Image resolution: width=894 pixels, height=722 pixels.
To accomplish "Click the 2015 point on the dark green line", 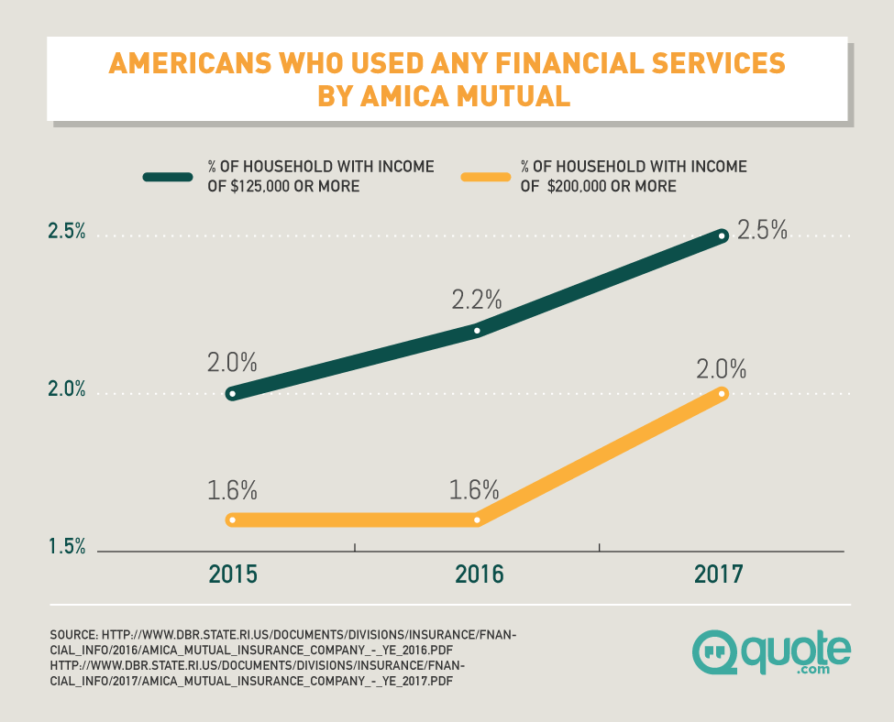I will pos(232,394).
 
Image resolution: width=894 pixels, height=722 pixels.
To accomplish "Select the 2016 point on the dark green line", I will pos(477,330).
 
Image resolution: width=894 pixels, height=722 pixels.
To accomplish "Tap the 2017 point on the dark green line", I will pos(723,236).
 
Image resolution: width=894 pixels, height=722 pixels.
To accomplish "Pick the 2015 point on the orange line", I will pos(232,520).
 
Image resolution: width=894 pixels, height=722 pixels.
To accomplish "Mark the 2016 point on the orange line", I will pos(477,520).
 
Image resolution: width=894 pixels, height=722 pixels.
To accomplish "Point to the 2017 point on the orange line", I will pos(723,394).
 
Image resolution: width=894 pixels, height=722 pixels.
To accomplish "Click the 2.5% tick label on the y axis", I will pos(67,233).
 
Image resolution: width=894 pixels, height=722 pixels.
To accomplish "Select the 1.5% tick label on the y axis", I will pos(67,547).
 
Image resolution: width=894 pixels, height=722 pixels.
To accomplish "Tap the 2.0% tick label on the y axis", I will pos(67,390).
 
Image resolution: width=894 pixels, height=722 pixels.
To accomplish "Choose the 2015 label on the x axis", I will pos(233,574).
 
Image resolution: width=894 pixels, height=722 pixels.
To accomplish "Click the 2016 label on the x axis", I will pos(479,574).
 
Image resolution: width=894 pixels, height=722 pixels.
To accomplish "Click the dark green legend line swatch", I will pos(168,177).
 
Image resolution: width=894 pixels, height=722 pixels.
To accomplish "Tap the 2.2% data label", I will pos(477,299).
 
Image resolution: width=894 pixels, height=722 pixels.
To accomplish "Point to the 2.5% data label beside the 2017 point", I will pos(763,229).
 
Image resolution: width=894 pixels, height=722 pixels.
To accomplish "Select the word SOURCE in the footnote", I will pos(73,635).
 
